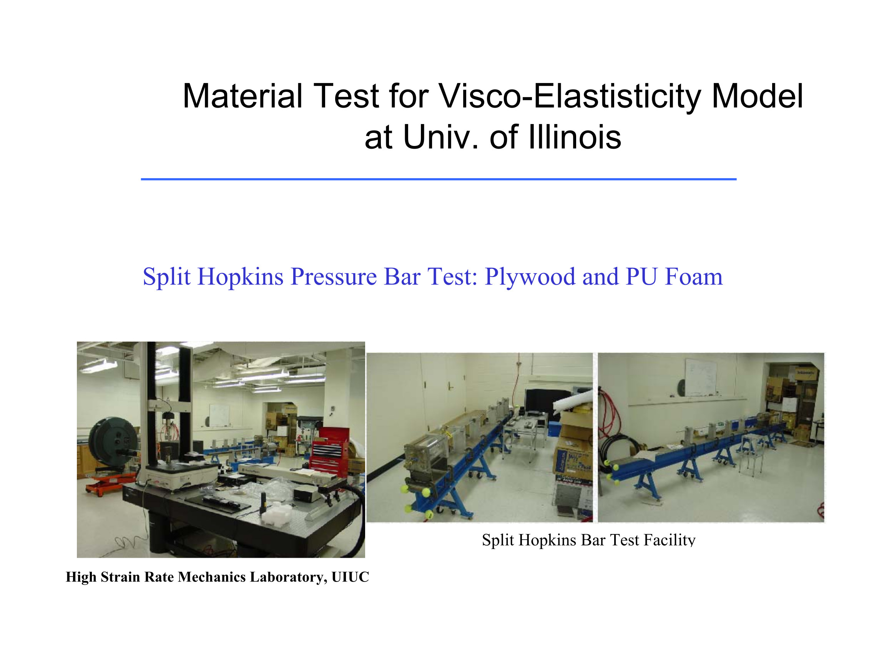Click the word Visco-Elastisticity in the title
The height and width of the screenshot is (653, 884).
[570, 96]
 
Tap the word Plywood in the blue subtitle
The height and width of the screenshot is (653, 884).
[530, 277]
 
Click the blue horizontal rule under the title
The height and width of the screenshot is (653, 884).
[439, 179]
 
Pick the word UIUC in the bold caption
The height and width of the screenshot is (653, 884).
[350, 577]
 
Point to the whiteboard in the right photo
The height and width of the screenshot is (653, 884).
[700, 377]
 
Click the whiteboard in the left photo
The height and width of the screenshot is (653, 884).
[219, 414]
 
